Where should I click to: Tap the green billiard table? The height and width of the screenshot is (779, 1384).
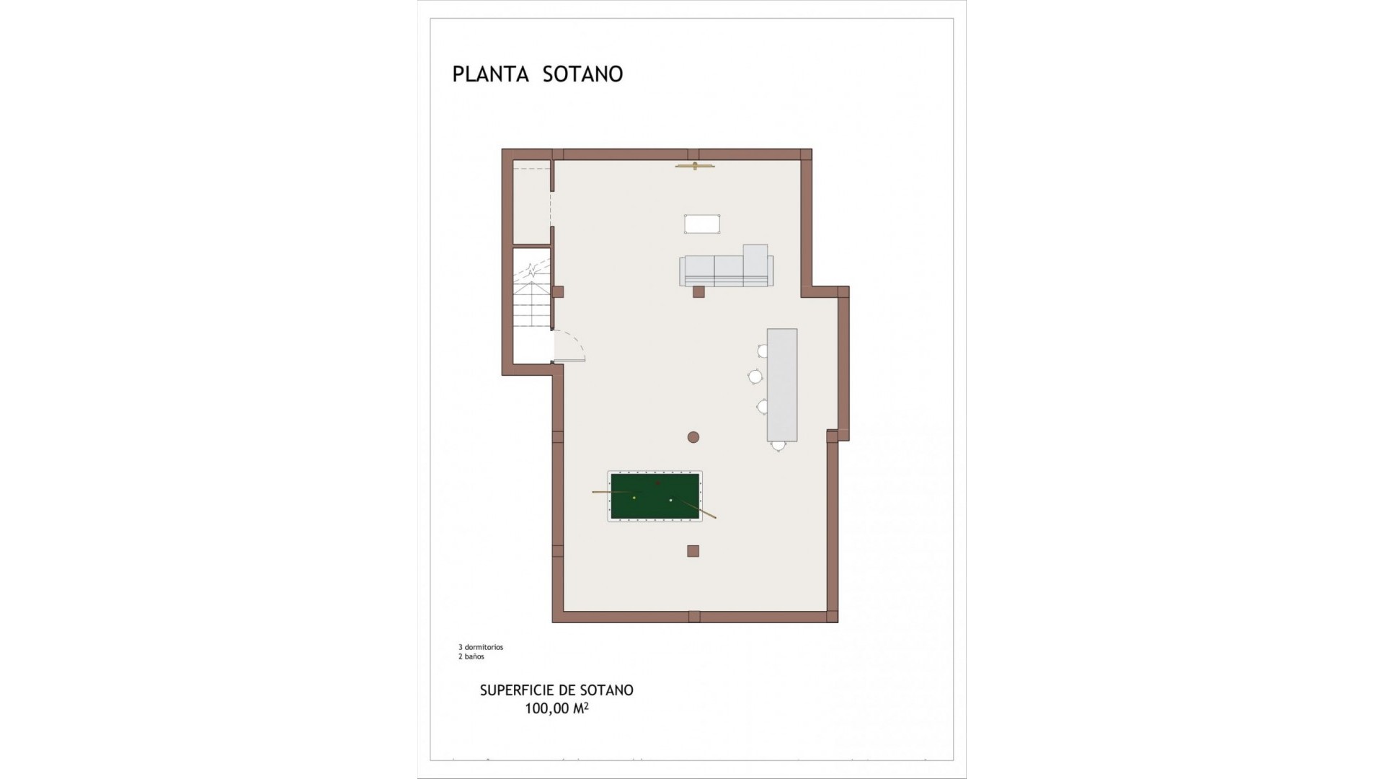(x=655, y=496)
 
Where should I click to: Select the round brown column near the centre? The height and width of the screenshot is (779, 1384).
(x=693, y=436)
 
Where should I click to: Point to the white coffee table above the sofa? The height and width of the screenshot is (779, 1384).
(x=702, y=224)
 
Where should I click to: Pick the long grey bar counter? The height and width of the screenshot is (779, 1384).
(x=782, y=384)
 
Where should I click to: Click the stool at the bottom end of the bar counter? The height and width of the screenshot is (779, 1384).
(x=778, y=446)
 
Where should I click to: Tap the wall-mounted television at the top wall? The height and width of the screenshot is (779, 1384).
(x=695, y=167)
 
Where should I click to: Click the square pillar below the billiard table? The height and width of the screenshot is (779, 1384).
(x=693, y=551)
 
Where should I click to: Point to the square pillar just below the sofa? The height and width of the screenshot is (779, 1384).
(x=698, y=291)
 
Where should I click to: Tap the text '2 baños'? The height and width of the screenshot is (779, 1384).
(x=471, y=657)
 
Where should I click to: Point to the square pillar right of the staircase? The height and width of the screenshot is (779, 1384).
(x=557, y=292)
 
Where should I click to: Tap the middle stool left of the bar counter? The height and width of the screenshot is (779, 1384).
(x=755, y=376)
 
